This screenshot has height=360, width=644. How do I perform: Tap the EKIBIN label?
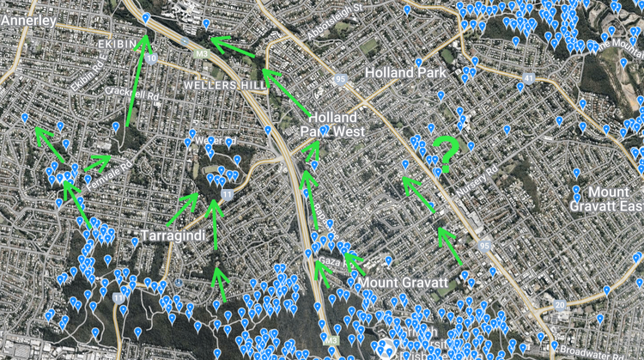tap(118, 41)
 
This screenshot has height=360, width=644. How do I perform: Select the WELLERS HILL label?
tap(222, 86)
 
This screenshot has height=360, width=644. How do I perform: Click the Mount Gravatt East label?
tap(605, 199)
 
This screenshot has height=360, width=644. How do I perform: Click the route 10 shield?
tap(152, 59)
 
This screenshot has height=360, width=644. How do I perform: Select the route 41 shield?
tap(528, 78)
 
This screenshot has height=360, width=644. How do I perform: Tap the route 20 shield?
tap(560, 305)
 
